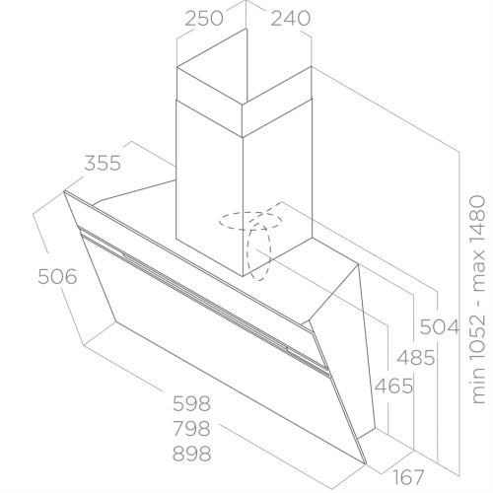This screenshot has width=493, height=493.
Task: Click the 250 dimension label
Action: click(204, 19)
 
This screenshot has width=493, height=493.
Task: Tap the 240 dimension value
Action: click(291, 19)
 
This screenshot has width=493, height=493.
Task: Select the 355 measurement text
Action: click(103, 163)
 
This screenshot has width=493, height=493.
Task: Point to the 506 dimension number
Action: click(57, 276)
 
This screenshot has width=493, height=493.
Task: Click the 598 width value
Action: click(191, 403)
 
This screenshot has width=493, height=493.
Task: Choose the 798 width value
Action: click(191, 429)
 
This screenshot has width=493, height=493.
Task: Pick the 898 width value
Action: click(191, 454)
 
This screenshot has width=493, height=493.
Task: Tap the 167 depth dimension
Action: click(408, 477)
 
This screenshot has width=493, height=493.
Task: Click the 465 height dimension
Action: click(393, 386)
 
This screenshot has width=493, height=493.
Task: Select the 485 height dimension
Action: click(416, 358)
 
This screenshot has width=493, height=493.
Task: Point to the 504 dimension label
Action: click(440, 327)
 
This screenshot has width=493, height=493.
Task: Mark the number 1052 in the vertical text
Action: click(478, 332)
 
